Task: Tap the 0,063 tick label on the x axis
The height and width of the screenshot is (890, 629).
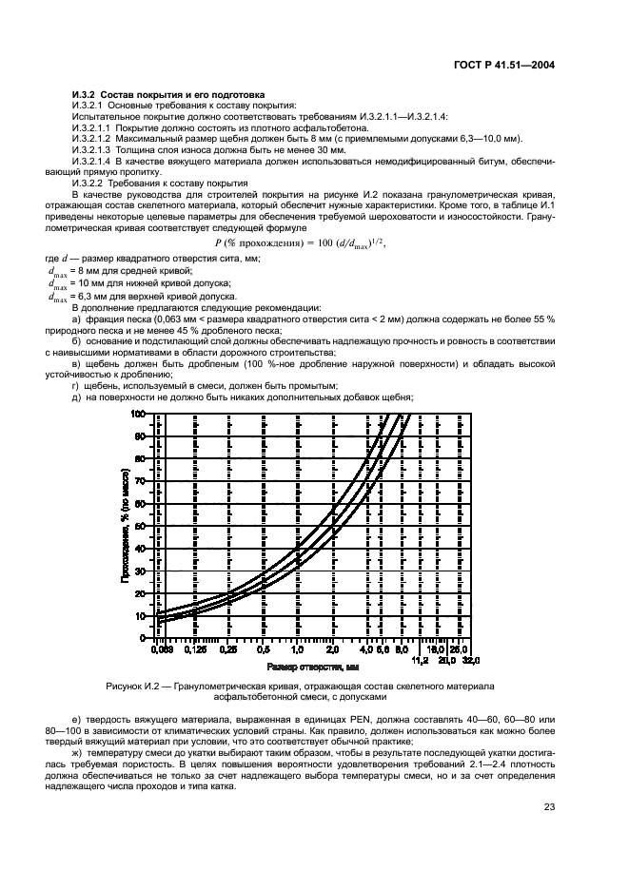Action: (163, 651)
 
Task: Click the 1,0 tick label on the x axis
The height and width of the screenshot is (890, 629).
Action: (298, 651)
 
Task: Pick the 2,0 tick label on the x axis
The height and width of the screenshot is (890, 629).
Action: (332, 651)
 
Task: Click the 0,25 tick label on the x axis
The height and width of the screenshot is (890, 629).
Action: (229, 651)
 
